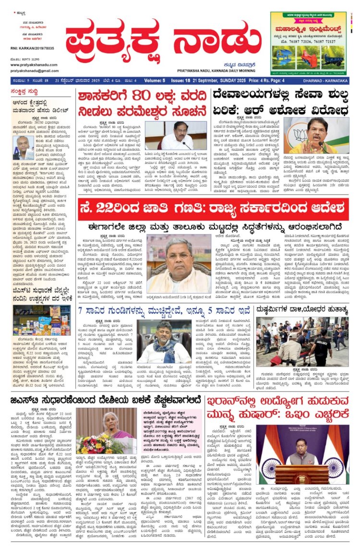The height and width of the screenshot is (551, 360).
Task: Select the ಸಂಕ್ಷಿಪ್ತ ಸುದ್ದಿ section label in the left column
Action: [x=29, y=91]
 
